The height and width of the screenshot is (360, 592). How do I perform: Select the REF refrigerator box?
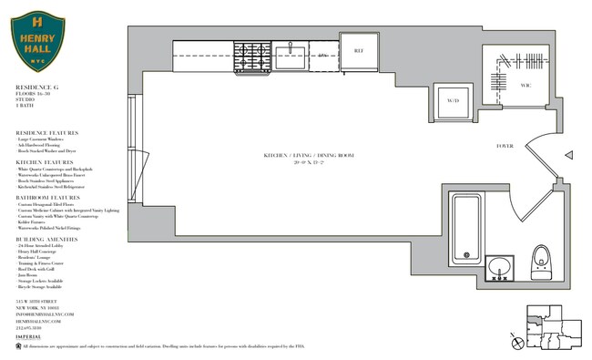tap(359, 51)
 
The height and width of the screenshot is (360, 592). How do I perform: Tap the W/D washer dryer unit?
tap(453, 101)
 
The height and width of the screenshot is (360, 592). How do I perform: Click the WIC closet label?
tap(526, 86)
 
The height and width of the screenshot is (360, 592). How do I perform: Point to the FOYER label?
tap(505, 146)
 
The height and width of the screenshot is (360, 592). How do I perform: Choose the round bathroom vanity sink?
tap(499, 268)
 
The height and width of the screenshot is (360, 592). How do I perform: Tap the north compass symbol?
tap(519, 342)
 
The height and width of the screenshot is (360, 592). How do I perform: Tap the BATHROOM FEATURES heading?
tap(46, 197)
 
